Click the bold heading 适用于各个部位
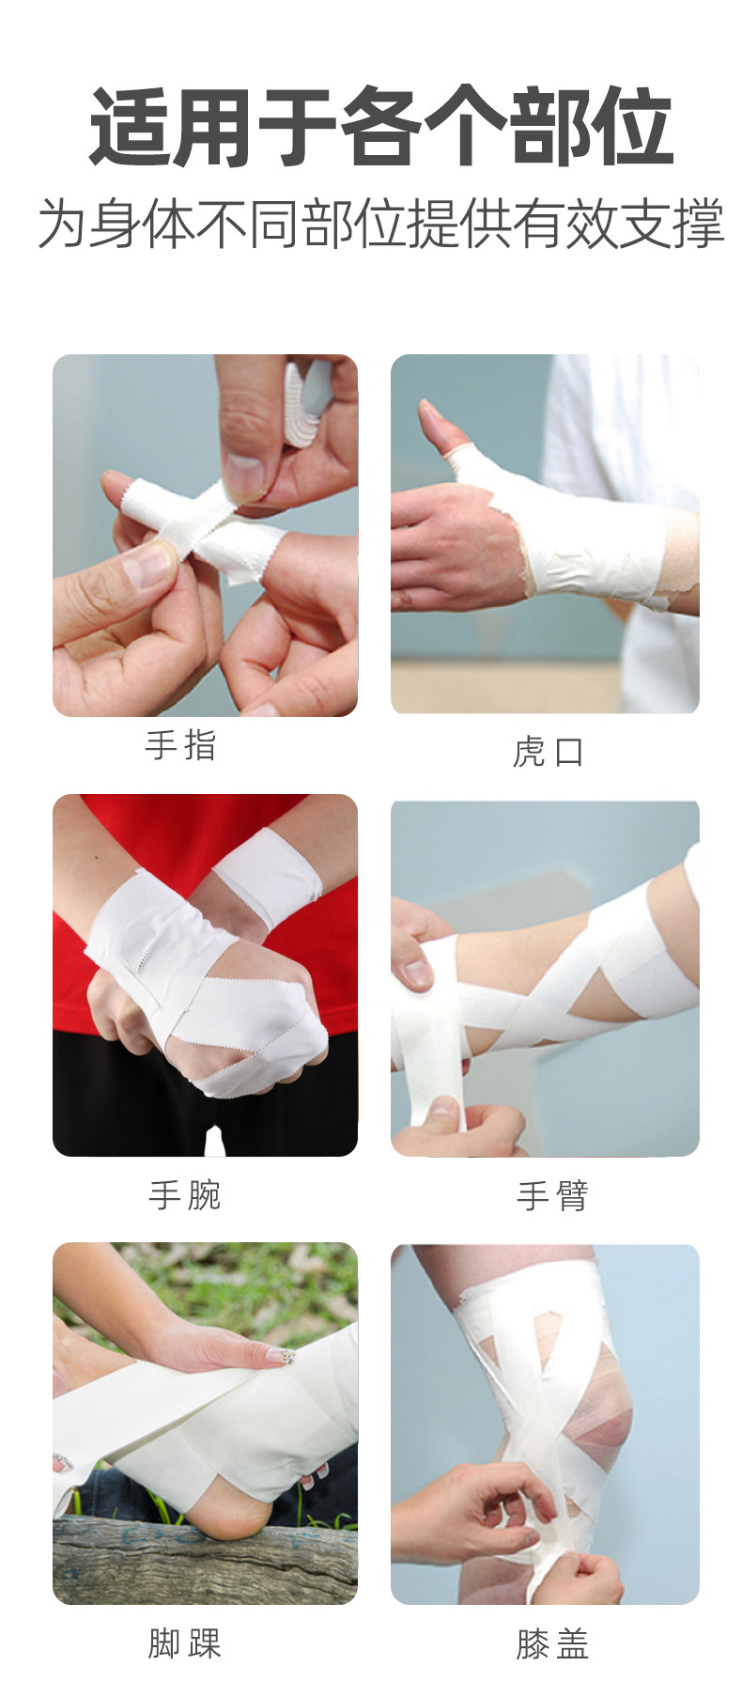(380, 128)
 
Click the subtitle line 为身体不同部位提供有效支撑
(380, 225)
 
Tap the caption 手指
(180, 746)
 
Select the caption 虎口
(549, 752)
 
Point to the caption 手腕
(184, 1195)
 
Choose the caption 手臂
(552, 1196)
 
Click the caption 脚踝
(184, 1643)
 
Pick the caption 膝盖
(552, 1644)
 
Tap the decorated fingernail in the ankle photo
(281, 1356)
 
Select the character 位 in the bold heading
(629, 128)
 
